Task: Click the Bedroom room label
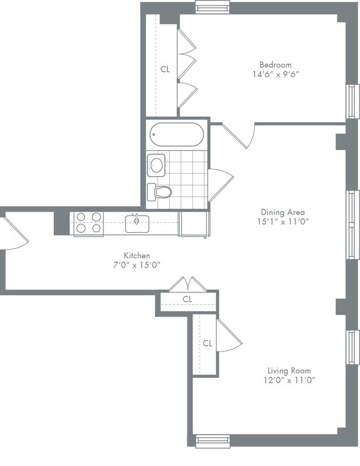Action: tap(275, 65)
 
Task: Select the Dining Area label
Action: tap(283, 212)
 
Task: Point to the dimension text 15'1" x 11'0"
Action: tap(283, 222)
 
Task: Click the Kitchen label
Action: tap(137, 255)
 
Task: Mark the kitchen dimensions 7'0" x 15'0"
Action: tap(137, 265)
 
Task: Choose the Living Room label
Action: tap(289, 371)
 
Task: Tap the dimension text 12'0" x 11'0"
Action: tap(289, 380)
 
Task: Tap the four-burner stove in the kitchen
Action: tap(89, 222)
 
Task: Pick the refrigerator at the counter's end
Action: tap(194, 223)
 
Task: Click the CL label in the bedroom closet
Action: tap(165, 69)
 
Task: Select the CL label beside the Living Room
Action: tap(207, 344)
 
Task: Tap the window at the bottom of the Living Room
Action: tap(213, 441)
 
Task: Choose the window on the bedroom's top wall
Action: tap(213, 7)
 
